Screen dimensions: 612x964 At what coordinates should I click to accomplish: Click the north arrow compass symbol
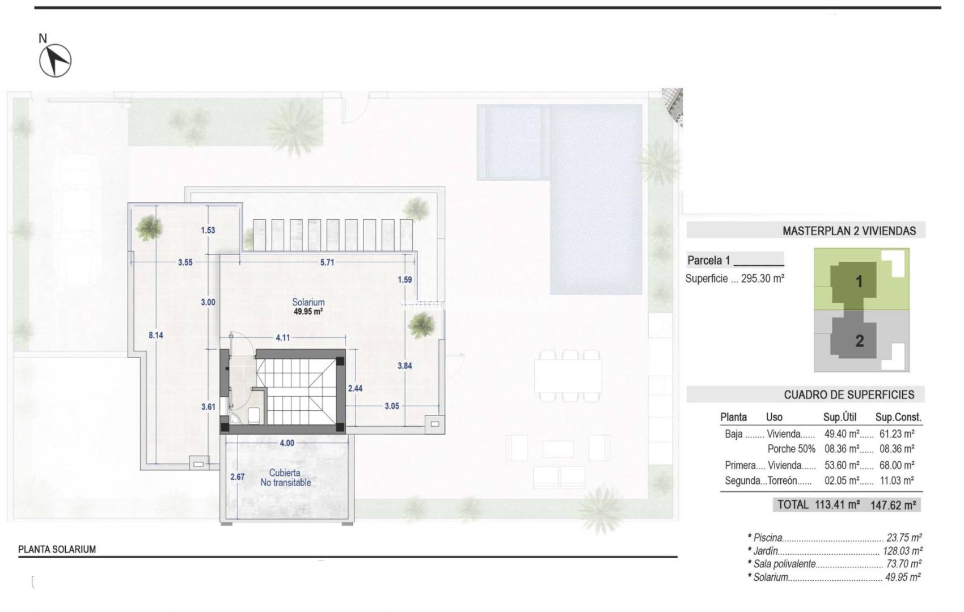point(55,59)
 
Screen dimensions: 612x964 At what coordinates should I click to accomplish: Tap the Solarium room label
point(308,303)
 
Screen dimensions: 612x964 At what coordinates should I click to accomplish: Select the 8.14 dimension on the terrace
point(155,335)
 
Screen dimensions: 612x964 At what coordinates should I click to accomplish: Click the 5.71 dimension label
point(327,262)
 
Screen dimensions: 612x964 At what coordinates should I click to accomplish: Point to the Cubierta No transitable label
point(285,478)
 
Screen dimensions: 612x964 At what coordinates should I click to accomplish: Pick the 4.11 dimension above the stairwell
point(282,338)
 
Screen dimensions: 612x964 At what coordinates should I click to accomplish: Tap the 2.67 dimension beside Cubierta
point(237,477)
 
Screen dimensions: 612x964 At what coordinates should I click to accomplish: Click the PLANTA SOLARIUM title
point(57,549)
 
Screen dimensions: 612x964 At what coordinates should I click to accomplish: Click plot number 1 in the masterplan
point(859,281)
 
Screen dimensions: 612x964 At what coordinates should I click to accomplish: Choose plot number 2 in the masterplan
point(859,341)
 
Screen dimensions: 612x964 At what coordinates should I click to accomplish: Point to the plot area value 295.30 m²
point(762,278)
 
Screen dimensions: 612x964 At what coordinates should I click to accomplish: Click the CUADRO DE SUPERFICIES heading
point(849,394)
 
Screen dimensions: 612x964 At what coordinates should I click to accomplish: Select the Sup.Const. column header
point(898,417)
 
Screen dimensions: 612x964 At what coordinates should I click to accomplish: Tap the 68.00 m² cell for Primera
point(898,465)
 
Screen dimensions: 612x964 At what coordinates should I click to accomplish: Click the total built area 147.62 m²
point(893,505)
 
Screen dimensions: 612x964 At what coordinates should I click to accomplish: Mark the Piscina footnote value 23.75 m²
point(903,537)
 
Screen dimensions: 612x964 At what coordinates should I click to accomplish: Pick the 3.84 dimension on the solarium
point(404,365)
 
